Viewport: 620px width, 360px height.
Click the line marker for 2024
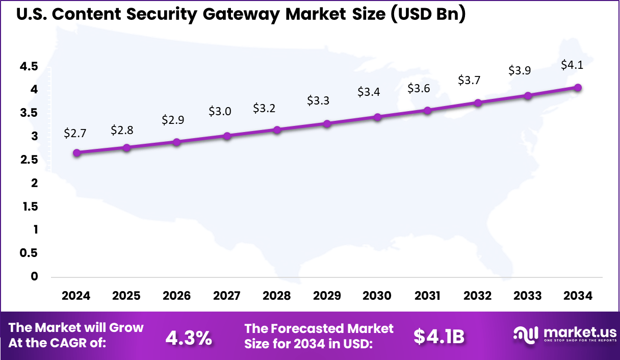tap(76, 152)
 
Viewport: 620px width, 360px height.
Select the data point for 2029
tap(327, 123)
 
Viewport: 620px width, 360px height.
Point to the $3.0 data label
tap(220, 111)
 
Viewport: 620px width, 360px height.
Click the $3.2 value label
tap(264, 108)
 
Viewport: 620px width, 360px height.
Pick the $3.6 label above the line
tap(419, 88)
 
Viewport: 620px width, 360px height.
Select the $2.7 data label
tap(75, 133)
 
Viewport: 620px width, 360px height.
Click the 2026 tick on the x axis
tap(176, 296)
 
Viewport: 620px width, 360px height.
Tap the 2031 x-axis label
tap(427, 296)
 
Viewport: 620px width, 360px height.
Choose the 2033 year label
tap(528, 296)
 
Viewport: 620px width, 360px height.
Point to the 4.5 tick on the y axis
tap(29, 66)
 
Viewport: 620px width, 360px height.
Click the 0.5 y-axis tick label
tap(29, 253)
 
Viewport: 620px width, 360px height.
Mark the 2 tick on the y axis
tap(34, 183)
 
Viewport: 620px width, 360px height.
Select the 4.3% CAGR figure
tap(189, 337)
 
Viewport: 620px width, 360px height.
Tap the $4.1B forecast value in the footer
tap(438, 337)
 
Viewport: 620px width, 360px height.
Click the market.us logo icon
tap(525, 335)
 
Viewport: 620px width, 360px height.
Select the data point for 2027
tap(227, 136)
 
